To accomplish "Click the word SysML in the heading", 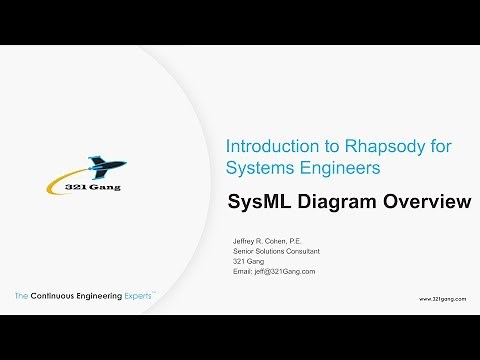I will [261, 202].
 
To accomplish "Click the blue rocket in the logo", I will [101, 166].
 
